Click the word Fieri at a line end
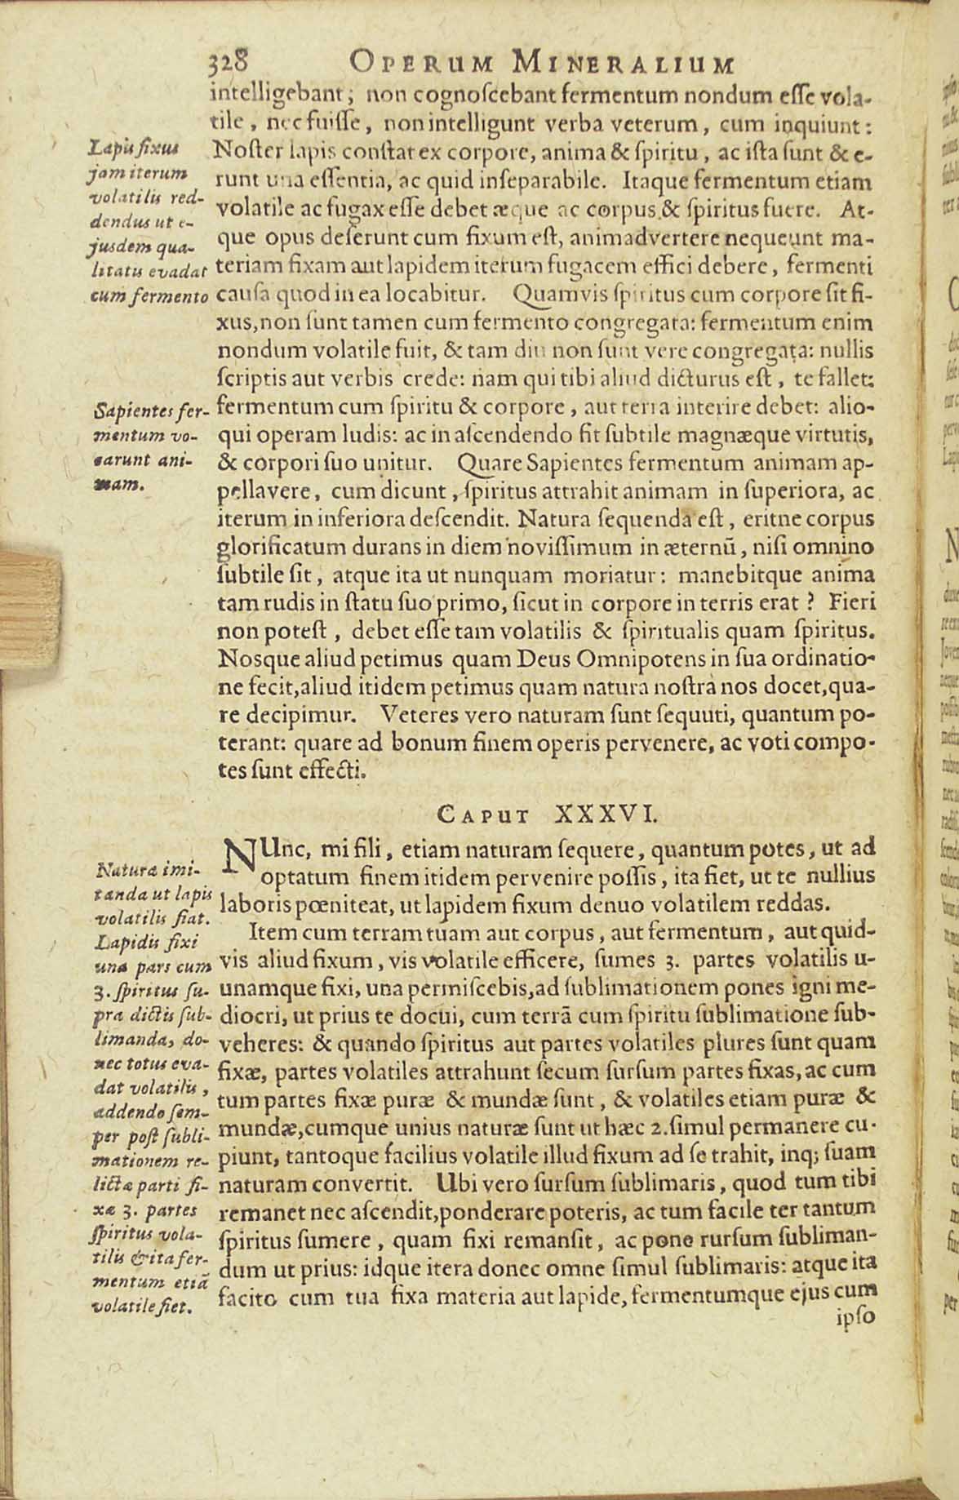(x=851, y=604)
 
